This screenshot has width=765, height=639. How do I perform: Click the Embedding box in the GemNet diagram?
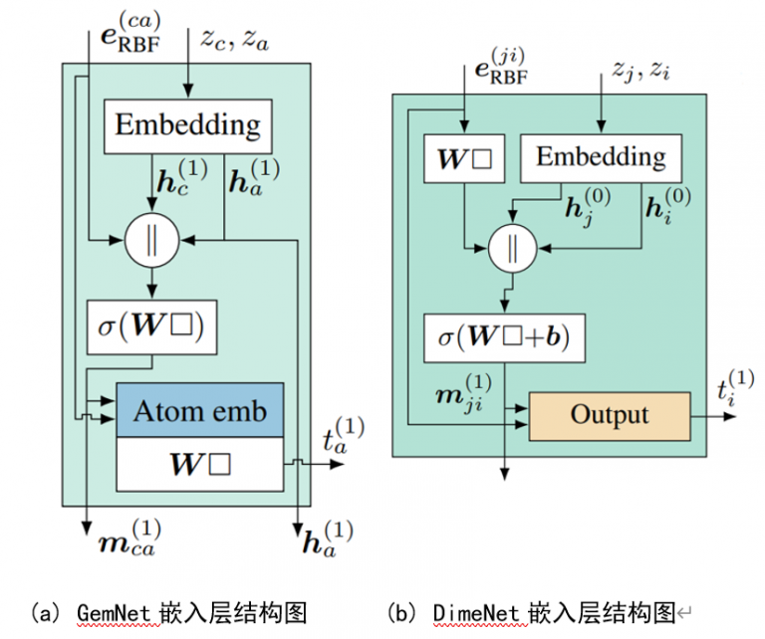tap(186, 125)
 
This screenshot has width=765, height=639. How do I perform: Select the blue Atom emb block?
tap(201, 409)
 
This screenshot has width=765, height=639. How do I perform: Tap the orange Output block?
tap(609, 414)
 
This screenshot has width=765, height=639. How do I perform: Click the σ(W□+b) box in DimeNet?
tap(503, 338)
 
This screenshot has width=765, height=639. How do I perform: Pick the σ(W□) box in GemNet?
tap(152, 324)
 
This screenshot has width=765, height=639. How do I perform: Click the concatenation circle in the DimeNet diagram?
tap(511, 249)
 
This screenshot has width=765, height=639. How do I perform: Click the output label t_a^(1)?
tap(342, 436)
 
